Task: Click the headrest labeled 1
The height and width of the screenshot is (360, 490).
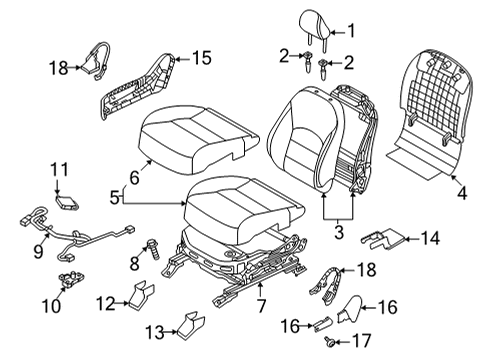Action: (x=315, y=28)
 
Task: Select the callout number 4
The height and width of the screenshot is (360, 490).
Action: (x=462, y=193)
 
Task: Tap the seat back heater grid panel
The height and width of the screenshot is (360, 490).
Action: (x=430, y=113)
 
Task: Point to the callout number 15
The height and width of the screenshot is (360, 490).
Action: (x=202, y=58)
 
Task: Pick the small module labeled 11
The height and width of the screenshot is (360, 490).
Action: (x=68, y=203)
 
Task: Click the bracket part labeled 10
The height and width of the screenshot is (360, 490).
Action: (x=71, y=279)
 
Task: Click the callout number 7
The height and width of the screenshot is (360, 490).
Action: (x=261, y=306)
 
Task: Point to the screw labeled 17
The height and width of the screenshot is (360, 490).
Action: (x=329, y=341)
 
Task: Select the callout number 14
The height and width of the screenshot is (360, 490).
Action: (x=430, y=239)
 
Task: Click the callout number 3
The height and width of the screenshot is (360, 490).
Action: (x=339, y=232)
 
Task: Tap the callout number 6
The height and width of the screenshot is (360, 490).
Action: (x=134, y=178)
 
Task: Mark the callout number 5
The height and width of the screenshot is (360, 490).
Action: (x=115, y=198)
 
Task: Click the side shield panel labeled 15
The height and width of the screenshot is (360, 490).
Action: (x=137, y=88)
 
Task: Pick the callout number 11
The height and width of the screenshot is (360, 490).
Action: (x=59, y=170)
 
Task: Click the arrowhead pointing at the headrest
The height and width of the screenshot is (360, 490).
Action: (x=333, y=32)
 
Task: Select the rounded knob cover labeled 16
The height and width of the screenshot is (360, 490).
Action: (x=350, y=308)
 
